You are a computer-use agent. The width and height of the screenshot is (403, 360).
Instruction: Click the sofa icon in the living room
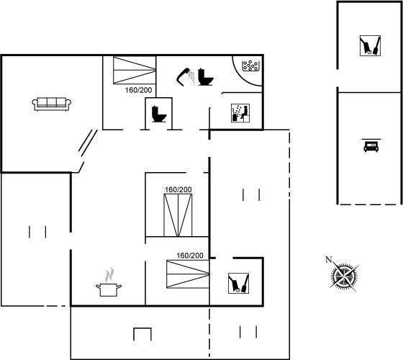tap(52, 104)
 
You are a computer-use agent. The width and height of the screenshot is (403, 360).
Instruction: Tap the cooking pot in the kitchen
tap(109, 289)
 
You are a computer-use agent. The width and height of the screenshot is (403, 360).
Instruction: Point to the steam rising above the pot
tap(109, 275)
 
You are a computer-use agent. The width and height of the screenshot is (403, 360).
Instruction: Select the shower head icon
tap(186, 76)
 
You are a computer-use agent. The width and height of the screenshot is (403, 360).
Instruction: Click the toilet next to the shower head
tap(206, 77)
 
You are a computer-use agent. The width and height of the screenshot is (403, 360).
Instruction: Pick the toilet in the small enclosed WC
tap(159, 114)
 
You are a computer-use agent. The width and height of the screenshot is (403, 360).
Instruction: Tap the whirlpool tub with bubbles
tap(250, 66)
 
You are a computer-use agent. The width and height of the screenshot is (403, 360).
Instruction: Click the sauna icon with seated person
tap(240, 113)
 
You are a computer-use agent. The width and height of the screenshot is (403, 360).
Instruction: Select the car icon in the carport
tap(371, 145)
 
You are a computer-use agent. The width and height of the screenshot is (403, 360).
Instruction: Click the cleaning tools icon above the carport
tap(370, 45)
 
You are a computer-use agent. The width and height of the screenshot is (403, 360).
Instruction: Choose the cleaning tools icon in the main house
tap(238, 283)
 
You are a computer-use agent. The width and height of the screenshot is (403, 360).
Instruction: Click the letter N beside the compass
tap(328, 260)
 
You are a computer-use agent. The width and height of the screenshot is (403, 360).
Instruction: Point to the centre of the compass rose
tap(344, 276)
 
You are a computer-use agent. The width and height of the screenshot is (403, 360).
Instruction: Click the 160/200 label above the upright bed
tap(178, 190)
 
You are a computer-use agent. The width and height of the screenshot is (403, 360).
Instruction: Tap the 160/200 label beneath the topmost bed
tap(138, 90)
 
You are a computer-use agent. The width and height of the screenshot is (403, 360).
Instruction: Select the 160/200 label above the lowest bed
tap(190, 256)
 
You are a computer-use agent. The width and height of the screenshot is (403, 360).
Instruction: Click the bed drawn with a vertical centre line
tap(178, 215)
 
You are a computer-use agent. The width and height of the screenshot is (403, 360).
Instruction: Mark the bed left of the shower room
tap(135, 71)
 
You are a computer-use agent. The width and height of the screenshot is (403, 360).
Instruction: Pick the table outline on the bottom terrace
tap(142, 334)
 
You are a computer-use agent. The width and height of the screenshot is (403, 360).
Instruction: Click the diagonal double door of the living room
tap(88, 143)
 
